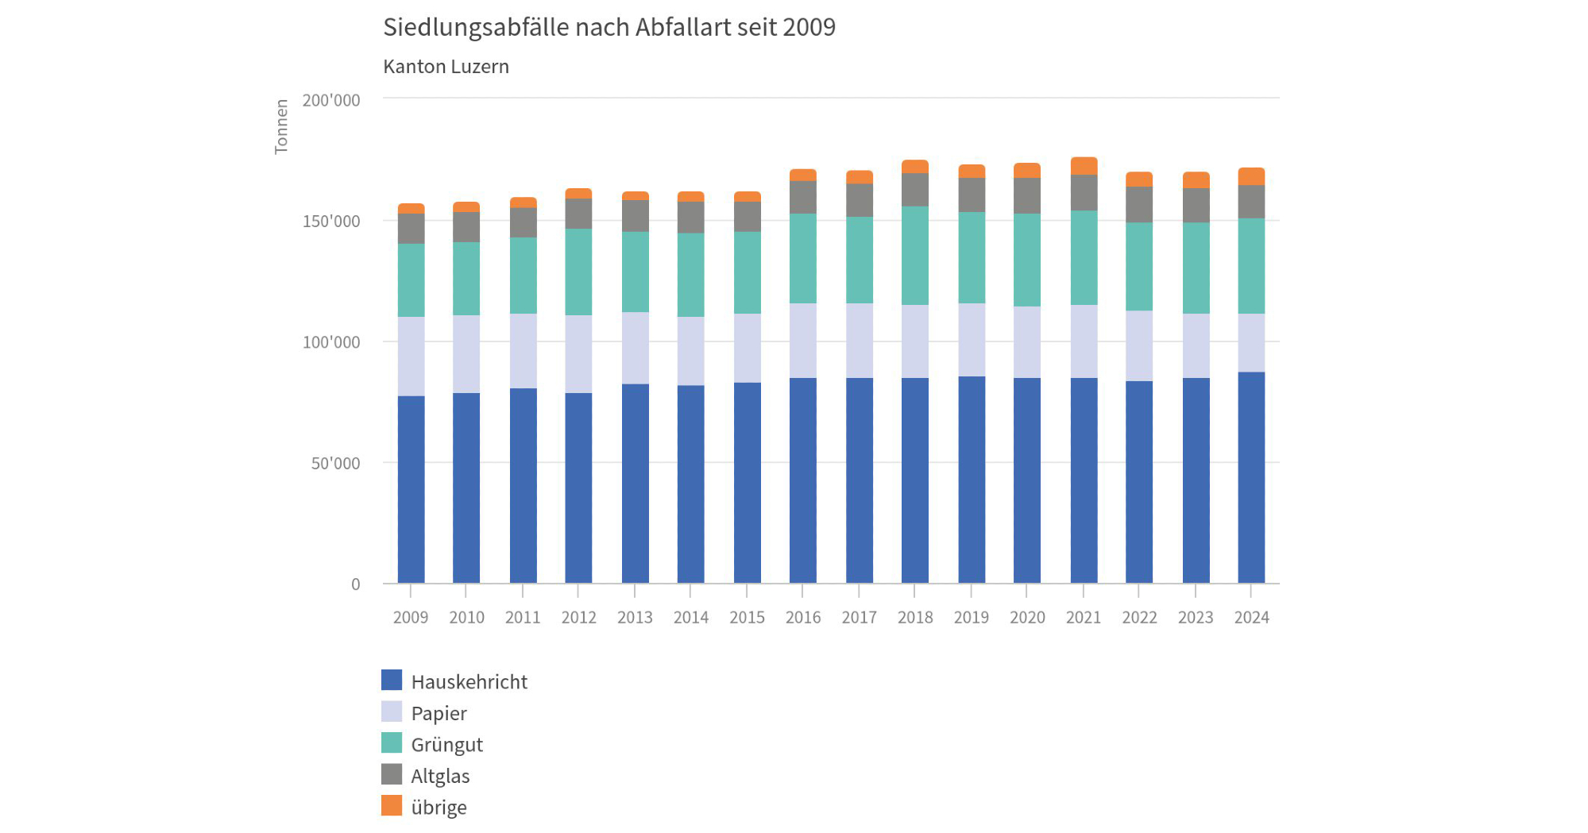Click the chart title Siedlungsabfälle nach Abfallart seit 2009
pyautogui.click(x=609, y=27)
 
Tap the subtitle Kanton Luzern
pyautogui.click(x=446, y=67)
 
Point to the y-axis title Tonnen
pyautogui.click(x=281, y=126)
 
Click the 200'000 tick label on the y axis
pyautogui.click(x=330, y=100)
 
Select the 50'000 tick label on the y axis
pyautogui.click(x=335, y=463)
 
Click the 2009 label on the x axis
pyautogui.click(x=410, y=617)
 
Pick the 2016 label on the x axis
pyautogui.click(x=802, y=617)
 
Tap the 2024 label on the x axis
pyautogui.click(x=1251, y=617)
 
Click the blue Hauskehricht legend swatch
pyautogui.click(x=392, y=681)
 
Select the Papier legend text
pyautogui.click(x=439, y=713)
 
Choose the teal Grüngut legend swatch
pyautogui.click(x=392, y=743)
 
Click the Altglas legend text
pyautogui.click(x=440, y=776)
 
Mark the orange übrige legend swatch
pyautogui.click(x=392, y=806)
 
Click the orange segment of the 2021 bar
pyautogui.click(x=1084, y=166)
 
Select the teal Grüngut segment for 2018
pyautogui.click(x=914, y=256)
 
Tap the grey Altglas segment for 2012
pyautogui.click(x=578, y=214)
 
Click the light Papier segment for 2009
pyautogui.click(x=411, y=357)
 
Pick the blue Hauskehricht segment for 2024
pyautogui.click(x=1251, y=477)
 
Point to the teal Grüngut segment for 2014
pyautogui.click(x=690, y=275)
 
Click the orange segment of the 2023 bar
pyautogui.click(x=1196, y=180)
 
